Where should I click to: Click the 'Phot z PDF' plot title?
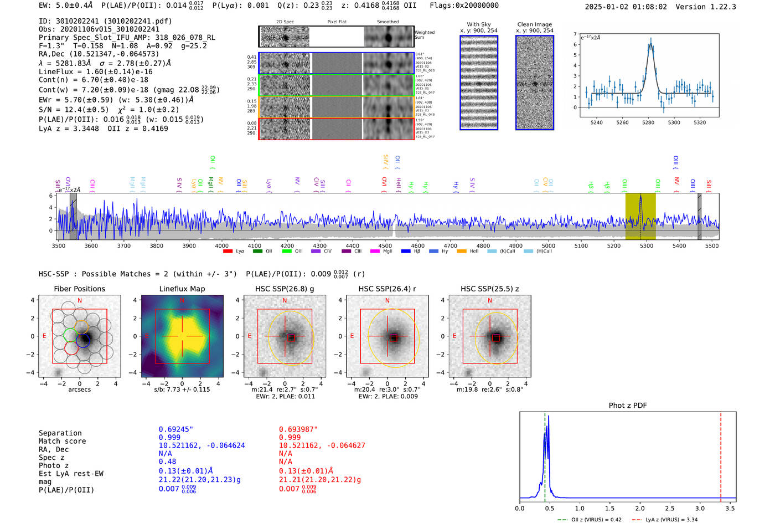pyautogui.click(x=628, y=405)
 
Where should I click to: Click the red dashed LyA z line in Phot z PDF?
pyautogui.click(x=721, y=454)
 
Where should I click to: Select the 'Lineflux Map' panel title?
pyautogui.click(x=182, y=289)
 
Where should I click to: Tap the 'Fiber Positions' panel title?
pyautogui.click(x=79, y=289)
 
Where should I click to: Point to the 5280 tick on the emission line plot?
pyautogui.click(x=648, y=122)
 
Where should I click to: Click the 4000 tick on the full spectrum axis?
pyautogui.click(x=221, y=245)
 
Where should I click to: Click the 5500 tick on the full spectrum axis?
pyautogui.click(x=712, y=245)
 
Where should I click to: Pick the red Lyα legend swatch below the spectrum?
pyautogui.click(x=228, y=252)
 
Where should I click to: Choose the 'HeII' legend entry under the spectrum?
pyautogui.click(x=474, y=252)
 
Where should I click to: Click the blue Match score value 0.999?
pyautogui.click(x=169, y=437)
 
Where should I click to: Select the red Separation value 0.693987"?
pyautogui.click(x=298, y=429)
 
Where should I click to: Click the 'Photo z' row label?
pyautogui.click(x=54, y=465)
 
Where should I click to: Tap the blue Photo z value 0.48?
pyautogui.click(x=167, y=462)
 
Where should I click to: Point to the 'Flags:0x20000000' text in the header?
pyautogui.click(x=464, y=6)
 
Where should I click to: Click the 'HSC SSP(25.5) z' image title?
pyautogui.click(x=489, y=289)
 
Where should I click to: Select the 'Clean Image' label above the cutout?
pyautogui.click(x=534, y=24)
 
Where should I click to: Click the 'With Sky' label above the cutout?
pyautogui.click(x=478, y=24)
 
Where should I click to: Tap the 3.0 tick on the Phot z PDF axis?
pyautogui.click(x=700, y=508)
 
